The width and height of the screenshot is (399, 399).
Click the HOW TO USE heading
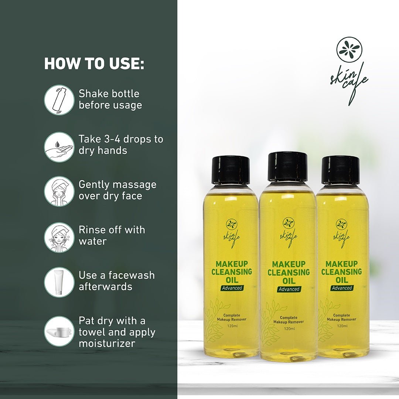pyautogui.click(x=94, y=64)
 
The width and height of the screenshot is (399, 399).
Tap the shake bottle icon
pyautogui.click(x=59, y=100)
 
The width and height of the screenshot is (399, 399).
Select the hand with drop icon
pyautogui.click(x=59, y=147)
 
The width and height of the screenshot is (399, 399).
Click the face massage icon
pyautogui.click(x=59, y=191)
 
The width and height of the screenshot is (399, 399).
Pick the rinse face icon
pyautogui.click(x=59, y=237)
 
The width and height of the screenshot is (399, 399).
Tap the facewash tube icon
pyautogui.click(x=59, y=282)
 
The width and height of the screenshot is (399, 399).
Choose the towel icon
pyautogui.click(x=59, y=331)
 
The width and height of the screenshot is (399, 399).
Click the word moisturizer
pyautogui.click(x=107, y=343)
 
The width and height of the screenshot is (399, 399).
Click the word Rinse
pyautogui.click(x=92, y=230)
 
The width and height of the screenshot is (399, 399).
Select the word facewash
pyautogui.click(x=132, y=275)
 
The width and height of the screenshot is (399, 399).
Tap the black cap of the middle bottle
pyautogui.click(x=287, y=167)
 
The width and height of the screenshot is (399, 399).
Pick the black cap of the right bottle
pyautogui.click(x=341, y=170)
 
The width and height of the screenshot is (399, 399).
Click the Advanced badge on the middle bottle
pyautogui.click(x=289, y=289)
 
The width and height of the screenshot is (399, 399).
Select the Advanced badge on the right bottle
pyautogui.click(x=342, y=288)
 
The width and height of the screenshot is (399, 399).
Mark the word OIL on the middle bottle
pyautogui.click(x=289, y=280)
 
